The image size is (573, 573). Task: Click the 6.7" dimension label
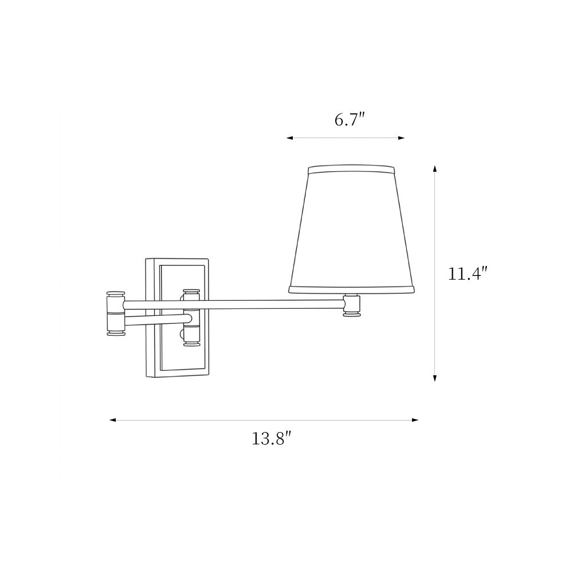pyautogui.click(x=350, y=120)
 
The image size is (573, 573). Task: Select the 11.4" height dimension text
pyautogui.click(x=468, y=273)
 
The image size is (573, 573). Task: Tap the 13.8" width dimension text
pyautogui.click(x=271, y=438)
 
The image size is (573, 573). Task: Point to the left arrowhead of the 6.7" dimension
pyautogui.click(x=290, y=138)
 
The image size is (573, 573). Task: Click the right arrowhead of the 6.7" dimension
pyautogui.click(x=401, y=138)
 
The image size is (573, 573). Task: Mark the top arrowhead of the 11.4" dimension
pyautogui.click(x=434, y=169)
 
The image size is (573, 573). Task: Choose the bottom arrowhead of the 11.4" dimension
pyautogui.click(x=434, y=378)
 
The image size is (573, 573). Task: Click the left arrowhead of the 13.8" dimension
pyautogui.click(x=113, y=420)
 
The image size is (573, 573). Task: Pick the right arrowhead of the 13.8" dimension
pyautogui.click(x=415, y=420)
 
